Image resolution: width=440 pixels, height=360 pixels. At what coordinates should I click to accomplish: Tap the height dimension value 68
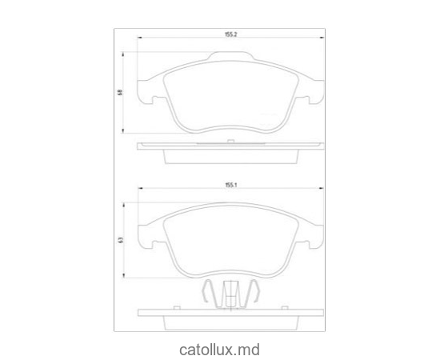point(120,93)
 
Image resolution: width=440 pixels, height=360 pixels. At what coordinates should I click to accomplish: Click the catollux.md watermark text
point(219,349)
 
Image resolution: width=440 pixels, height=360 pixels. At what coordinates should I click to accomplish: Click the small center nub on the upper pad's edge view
point(230,142)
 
